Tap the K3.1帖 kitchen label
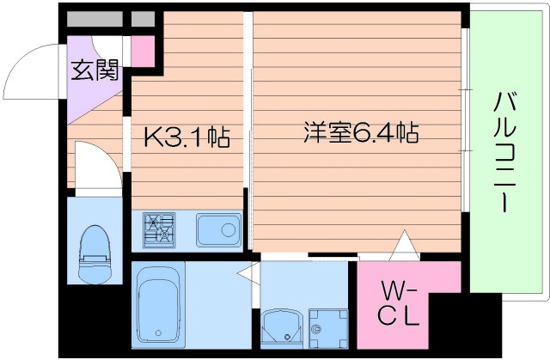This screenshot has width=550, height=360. tap(185, 137)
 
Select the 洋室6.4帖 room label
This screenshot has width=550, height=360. tap(360, 133)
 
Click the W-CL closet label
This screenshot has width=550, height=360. tap(400, 302)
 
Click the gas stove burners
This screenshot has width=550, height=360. tap(159, 229)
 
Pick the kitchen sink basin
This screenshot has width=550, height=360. tap(216, 229)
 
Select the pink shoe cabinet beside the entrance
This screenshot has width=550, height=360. tap(143, 51)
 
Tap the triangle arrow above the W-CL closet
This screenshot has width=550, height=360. tap(403, 247)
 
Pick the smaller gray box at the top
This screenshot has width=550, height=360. tap(143, 17)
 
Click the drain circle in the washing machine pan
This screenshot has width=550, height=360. tap(319, 328)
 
